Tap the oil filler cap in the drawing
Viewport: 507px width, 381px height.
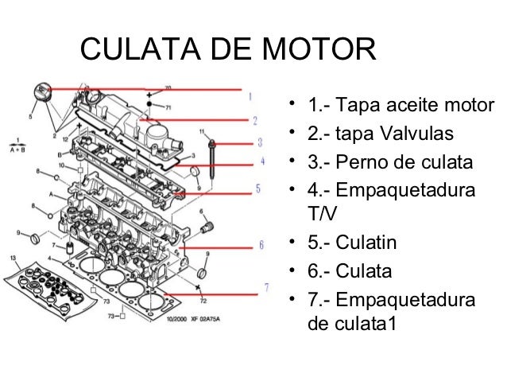click(42, 94)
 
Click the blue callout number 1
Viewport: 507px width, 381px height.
click(251, 96)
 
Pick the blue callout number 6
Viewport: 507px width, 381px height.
click(261, 246)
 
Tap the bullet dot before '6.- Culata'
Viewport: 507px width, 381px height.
click(292, 270)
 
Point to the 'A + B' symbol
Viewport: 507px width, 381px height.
click(14, 148)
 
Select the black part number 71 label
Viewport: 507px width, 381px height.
click(167, 106)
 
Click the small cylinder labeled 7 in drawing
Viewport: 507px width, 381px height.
click(70, 249)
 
